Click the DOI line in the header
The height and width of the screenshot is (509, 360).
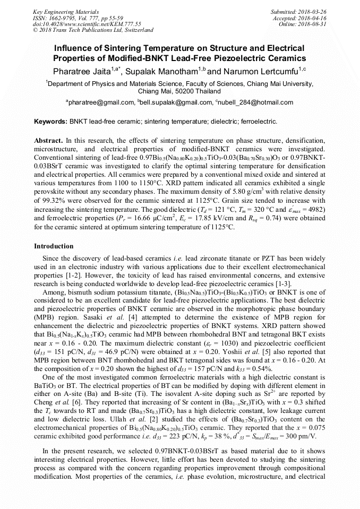point(87,24)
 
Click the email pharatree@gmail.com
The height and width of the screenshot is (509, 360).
point(100,102)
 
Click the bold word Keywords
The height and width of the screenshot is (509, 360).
point(50,122)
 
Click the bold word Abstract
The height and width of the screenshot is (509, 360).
point(48,140)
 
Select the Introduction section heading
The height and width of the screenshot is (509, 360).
point(54,246)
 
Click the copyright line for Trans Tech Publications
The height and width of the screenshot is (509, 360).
point(93,31)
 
